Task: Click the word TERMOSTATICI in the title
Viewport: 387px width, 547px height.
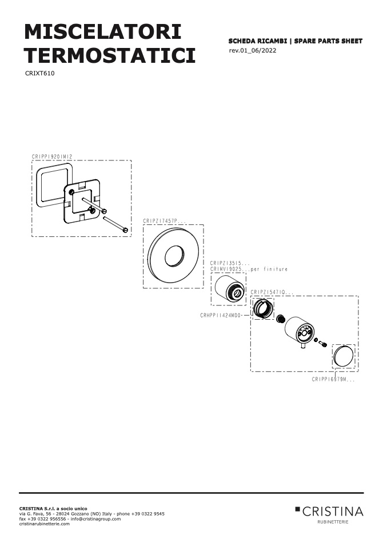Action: (110, 55)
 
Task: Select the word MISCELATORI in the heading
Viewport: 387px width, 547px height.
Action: (103, 32)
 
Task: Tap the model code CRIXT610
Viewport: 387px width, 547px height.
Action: (40, 74)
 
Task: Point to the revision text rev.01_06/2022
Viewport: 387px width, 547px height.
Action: (253, 50)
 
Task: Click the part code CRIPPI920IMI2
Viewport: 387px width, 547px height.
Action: (52, 156)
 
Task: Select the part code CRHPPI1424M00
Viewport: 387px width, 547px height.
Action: (221, 315)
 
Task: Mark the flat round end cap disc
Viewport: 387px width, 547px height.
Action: (343, 356)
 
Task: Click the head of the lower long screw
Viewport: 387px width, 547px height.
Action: (125, 230)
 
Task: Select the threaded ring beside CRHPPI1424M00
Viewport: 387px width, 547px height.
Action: (262, 308)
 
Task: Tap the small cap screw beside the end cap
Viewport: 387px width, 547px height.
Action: (323, 344)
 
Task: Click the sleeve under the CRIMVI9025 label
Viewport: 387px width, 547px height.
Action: (229, 289)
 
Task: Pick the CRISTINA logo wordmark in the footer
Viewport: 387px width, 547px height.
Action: (333, 512)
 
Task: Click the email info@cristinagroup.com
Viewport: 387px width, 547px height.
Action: (95, 519)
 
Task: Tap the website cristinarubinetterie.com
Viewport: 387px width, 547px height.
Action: (45, 524)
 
